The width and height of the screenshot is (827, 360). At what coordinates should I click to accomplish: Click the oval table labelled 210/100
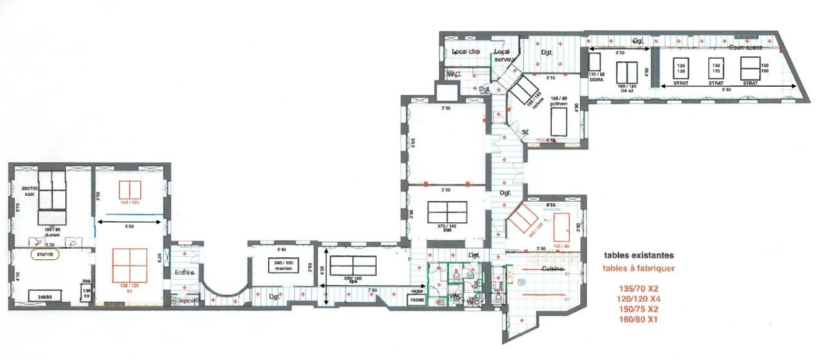point(45,254)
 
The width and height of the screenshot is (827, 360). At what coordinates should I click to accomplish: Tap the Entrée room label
point(184,273)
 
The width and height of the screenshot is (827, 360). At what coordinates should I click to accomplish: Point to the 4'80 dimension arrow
point(129,223)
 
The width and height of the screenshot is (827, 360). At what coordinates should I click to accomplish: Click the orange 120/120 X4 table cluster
point(129,265)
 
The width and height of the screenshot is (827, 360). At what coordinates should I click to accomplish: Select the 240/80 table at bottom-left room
point(45,296)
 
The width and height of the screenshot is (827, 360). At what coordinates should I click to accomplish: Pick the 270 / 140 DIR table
point(447,211)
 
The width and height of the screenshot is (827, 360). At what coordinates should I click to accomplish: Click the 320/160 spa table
point(352,265)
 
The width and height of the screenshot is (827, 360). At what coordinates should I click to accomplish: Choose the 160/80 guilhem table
point(558,120)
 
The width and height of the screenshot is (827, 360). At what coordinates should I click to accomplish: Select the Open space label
point(746,47)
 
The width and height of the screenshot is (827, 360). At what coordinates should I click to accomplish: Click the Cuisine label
point(553,268)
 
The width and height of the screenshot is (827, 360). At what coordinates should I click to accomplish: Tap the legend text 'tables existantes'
point(639,255)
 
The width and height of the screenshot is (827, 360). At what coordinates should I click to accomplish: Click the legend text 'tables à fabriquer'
point(639,268)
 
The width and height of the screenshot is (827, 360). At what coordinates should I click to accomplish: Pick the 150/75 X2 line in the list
point(639,309)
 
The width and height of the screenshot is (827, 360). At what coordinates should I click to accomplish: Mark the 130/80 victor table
point(417,299)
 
